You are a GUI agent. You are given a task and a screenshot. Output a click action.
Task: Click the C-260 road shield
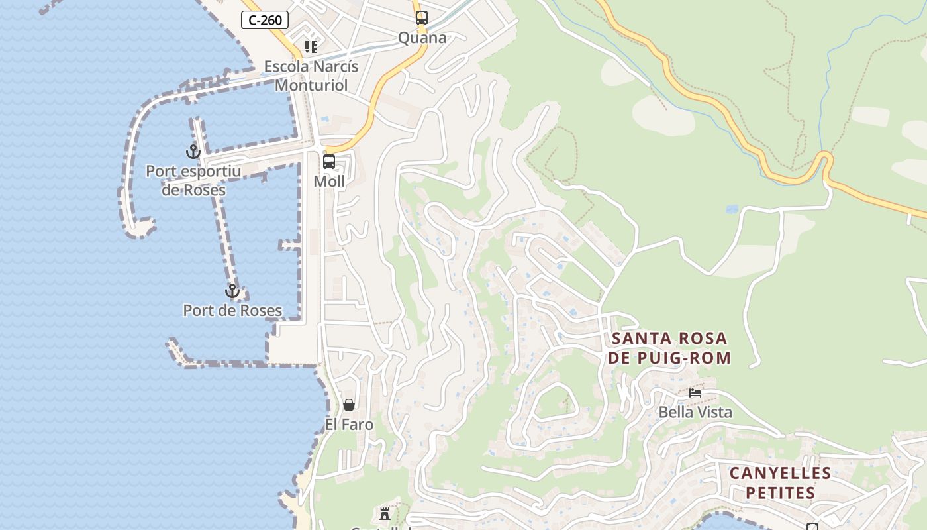click(x=265, y=20)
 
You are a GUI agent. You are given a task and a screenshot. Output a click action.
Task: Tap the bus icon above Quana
click(x=422, y=18)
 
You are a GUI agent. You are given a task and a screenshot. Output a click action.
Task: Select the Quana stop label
click(x=422, y=38)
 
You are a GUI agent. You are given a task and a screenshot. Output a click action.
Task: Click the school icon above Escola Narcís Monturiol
click(x=311, y=46)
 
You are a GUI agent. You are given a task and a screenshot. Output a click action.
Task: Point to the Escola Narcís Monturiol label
click(x=311, y=76)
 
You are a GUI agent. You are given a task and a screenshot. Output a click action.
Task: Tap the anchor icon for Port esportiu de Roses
click(x=193, y=152)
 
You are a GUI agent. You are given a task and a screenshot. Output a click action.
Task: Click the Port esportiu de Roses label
click(x=193, y=180)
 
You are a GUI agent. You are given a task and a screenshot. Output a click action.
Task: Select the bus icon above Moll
click(x=329, y=162)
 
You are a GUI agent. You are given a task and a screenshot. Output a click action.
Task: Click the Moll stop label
click(x=329, y=182)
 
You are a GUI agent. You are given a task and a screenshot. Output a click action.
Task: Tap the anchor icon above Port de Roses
click(x=232, y=291)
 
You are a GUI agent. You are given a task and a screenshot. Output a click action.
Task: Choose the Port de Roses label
click(x=232, y=310)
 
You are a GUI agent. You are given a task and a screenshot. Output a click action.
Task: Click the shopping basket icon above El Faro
click(x=349, y=404)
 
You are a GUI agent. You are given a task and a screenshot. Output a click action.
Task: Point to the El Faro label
click(x=349, y=424)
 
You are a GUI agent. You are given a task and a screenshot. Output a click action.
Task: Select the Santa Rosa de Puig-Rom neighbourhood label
click(x=669, y=348)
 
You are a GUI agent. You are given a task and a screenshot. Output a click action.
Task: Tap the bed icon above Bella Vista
click(x=695, y=392)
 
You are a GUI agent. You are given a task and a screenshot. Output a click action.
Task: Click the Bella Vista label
click(x=695, y=412)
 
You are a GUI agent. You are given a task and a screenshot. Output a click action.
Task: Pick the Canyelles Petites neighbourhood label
click(x=780, y=483)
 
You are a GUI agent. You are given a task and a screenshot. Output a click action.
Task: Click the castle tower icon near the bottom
click(x=384, y=513)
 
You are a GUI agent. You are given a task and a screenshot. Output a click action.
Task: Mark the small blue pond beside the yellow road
click(x=731, y=209)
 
